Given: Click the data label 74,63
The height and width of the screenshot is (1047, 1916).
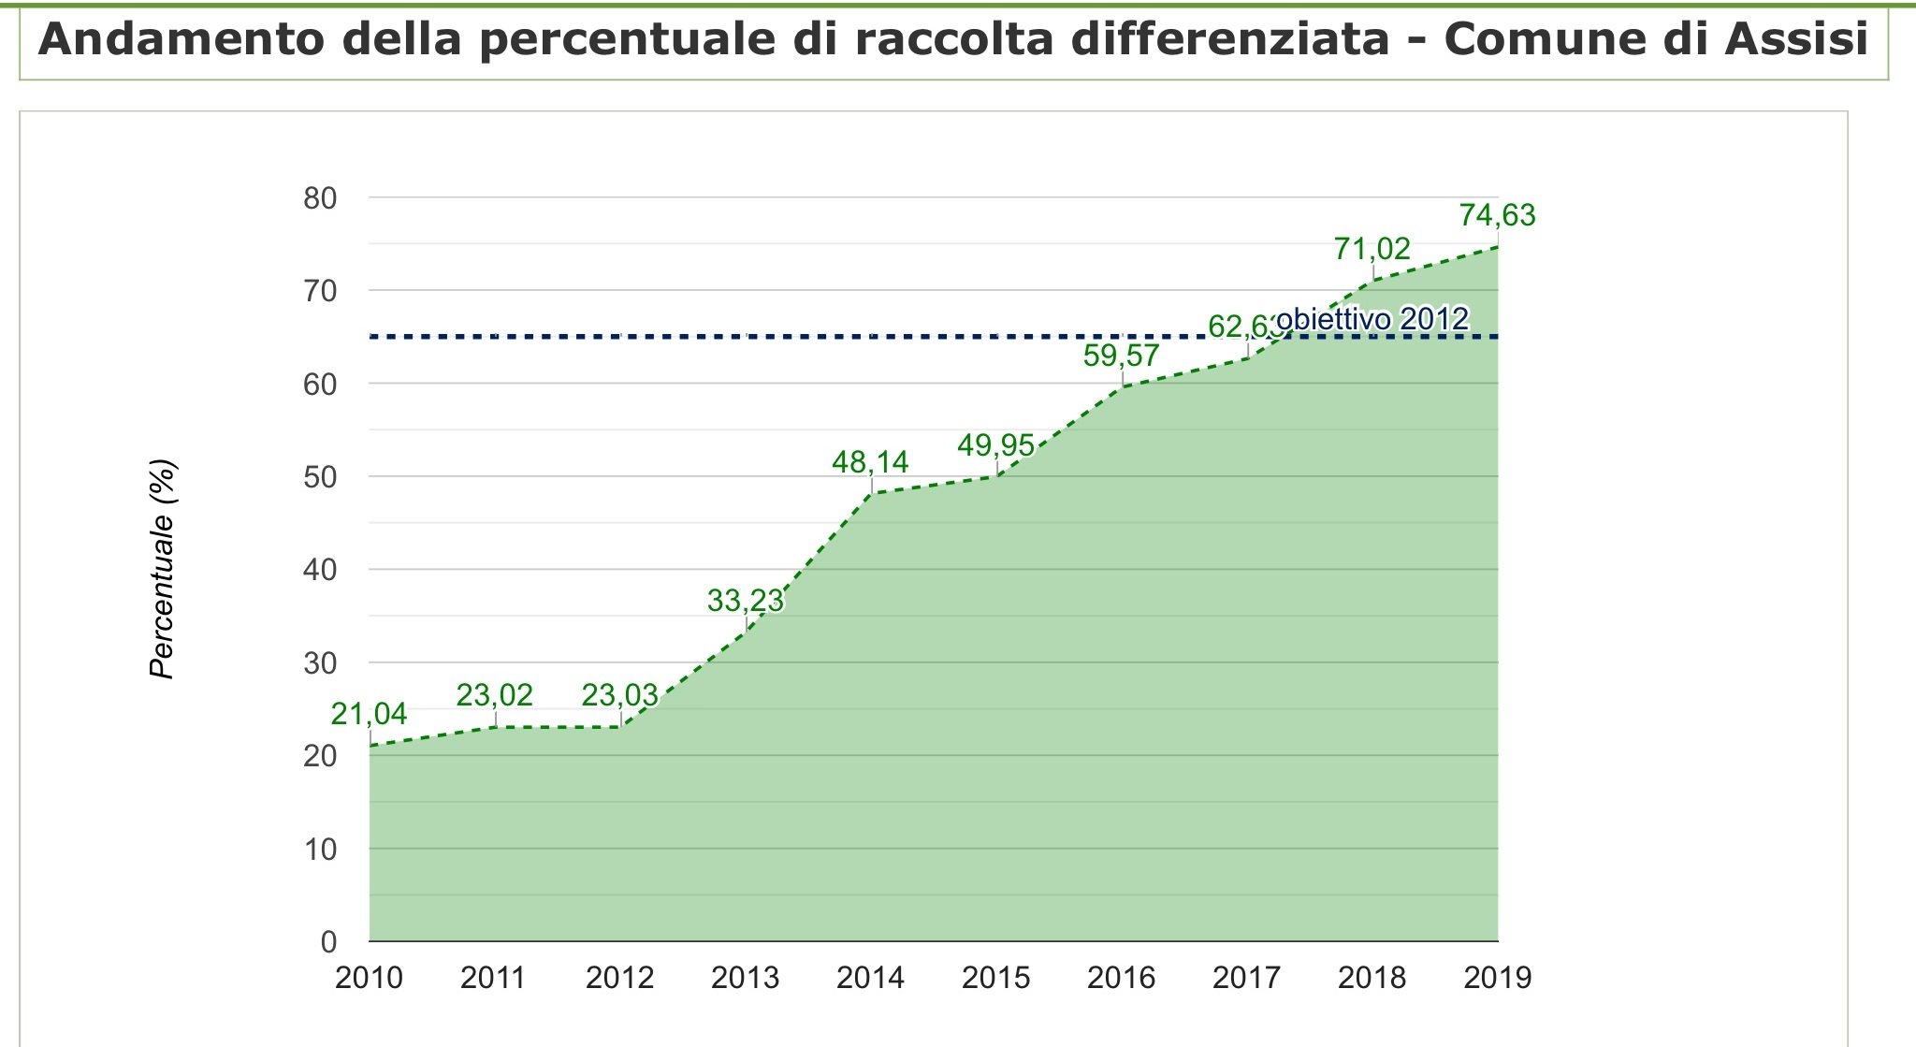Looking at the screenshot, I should click(1497, 215).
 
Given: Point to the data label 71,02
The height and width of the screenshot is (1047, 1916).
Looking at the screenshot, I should click(1372, 249).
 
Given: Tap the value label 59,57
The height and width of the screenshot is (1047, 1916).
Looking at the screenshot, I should click(1121, 356).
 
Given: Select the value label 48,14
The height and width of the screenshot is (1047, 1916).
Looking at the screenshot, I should click(870, 461).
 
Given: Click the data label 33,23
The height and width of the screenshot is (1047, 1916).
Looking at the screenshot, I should click(745, 600).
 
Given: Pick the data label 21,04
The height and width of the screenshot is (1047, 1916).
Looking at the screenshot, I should click(369, 714).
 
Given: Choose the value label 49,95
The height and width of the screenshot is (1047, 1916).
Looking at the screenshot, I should click(995, 445).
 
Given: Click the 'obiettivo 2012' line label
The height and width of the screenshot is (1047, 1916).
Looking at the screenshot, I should click(1372, 319).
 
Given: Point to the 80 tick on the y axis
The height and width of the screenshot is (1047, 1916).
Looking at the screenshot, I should click(319, 198).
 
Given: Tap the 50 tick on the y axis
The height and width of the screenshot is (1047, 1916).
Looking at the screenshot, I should click(319, 477).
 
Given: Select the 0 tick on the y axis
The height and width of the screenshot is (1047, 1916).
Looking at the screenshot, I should click(328, 941).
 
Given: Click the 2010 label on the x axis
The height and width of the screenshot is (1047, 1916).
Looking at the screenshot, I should click(369, 978).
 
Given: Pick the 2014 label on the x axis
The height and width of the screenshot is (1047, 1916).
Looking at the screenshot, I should click(870, 978).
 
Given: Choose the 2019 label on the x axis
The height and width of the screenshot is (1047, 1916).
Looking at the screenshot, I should click(1497, 978).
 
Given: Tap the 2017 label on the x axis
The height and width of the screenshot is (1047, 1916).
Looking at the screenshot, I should click(1246, 978).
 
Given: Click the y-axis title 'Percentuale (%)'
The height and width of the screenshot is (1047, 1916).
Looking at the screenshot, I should click(163, 569).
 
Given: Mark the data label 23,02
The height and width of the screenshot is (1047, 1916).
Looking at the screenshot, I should click(494, 695).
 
